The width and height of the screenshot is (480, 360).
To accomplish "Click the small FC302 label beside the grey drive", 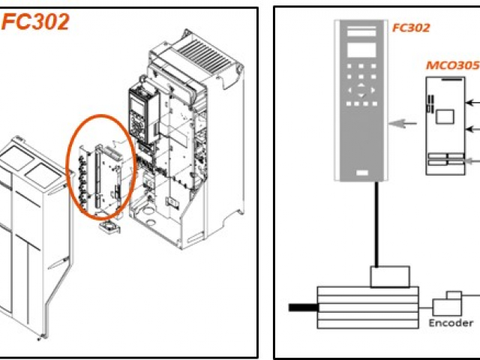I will coord(411,28).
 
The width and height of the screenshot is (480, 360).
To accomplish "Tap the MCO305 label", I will coord(452,64).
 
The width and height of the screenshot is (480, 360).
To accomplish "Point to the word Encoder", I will coord(451,323).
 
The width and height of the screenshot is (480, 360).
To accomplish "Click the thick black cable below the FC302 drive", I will coord(375,225).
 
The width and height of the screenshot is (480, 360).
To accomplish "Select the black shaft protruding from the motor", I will coord(304,306).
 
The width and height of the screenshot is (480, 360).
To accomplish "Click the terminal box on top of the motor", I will coord(390,276).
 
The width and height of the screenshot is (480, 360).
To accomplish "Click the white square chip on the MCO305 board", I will coord(445,116).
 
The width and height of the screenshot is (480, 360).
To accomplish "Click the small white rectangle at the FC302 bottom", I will coord(362,174).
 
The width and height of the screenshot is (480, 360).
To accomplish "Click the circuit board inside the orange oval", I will coord(105,169).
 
